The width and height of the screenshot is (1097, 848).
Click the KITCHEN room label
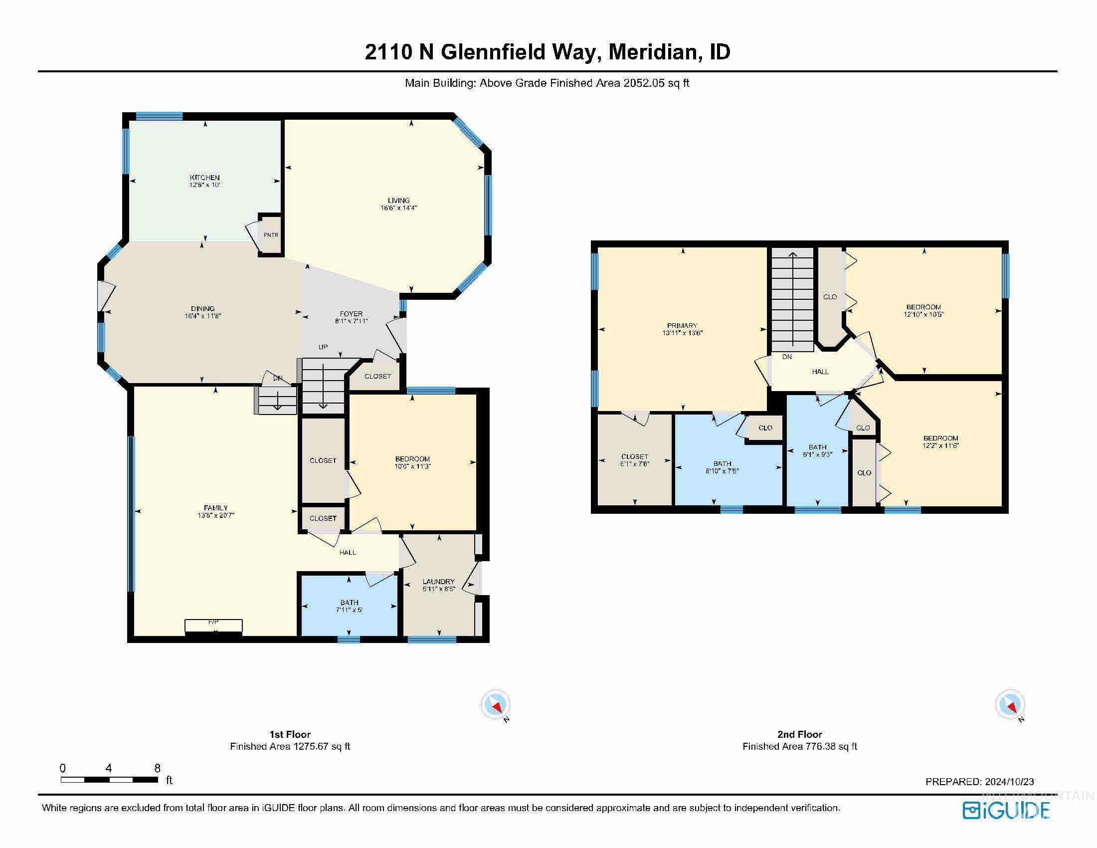coord(204,178)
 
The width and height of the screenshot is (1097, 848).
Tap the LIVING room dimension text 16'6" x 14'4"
coord(399,208)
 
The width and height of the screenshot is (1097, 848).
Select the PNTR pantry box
coord(271,235)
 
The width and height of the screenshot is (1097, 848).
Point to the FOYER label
coord(351,314)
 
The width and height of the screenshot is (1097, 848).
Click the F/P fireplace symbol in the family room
coord(213,626)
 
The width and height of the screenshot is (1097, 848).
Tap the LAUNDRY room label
coord(438,582)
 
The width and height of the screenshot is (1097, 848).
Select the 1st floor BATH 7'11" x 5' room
coord(349,606)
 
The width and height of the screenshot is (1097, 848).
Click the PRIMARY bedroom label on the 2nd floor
coord(682,326)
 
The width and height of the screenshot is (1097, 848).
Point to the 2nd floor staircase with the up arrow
coord(793,299)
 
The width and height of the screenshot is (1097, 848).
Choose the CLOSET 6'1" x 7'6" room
coord(635,459)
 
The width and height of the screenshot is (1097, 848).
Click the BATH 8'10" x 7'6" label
coord(723,464)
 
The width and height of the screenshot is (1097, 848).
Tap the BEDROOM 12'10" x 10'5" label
coord(923,307)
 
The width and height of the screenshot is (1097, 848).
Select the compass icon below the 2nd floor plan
coord(1010,704)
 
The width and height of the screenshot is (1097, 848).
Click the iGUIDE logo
coord(1007,810)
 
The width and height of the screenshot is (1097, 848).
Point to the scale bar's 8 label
coord(157,768)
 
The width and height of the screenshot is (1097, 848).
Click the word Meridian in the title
coord(656,52)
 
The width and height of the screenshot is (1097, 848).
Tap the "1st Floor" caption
coord(290,734)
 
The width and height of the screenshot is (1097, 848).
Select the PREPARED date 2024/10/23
coord(1009,782)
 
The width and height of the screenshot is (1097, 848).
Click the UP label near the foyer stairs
coord(323,347)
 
